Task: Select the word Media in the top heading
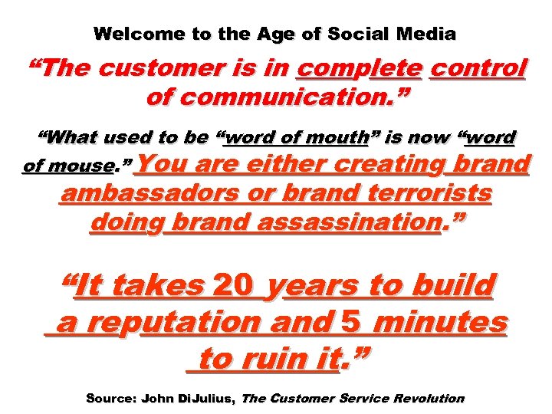[x=429, y=34]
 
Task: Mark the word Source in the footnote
[x=109, y=399]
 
